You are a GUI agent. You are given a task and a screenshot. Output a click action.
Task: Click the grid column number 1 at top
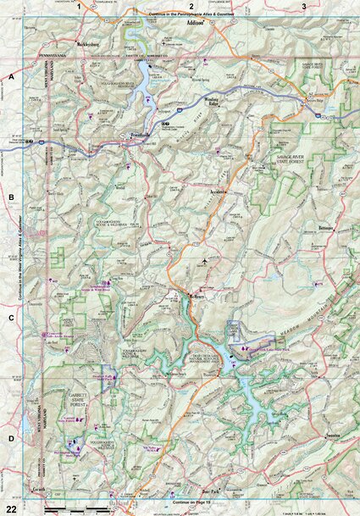[80, 6]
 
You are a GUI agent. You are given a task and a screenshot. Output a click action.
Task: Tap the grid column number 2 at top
[192, 6]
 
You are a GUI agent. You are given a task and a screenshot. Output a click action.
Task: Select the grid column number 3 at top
[304, 6]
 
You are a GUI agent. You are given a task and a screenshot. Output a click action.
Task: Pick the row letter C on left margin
[11, 319]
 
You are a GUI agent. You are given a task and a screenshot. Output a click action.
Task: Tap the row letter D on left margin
[11, 438]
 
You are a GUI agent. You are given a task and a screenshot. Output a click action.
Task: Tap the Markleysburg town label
[87, 42]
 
